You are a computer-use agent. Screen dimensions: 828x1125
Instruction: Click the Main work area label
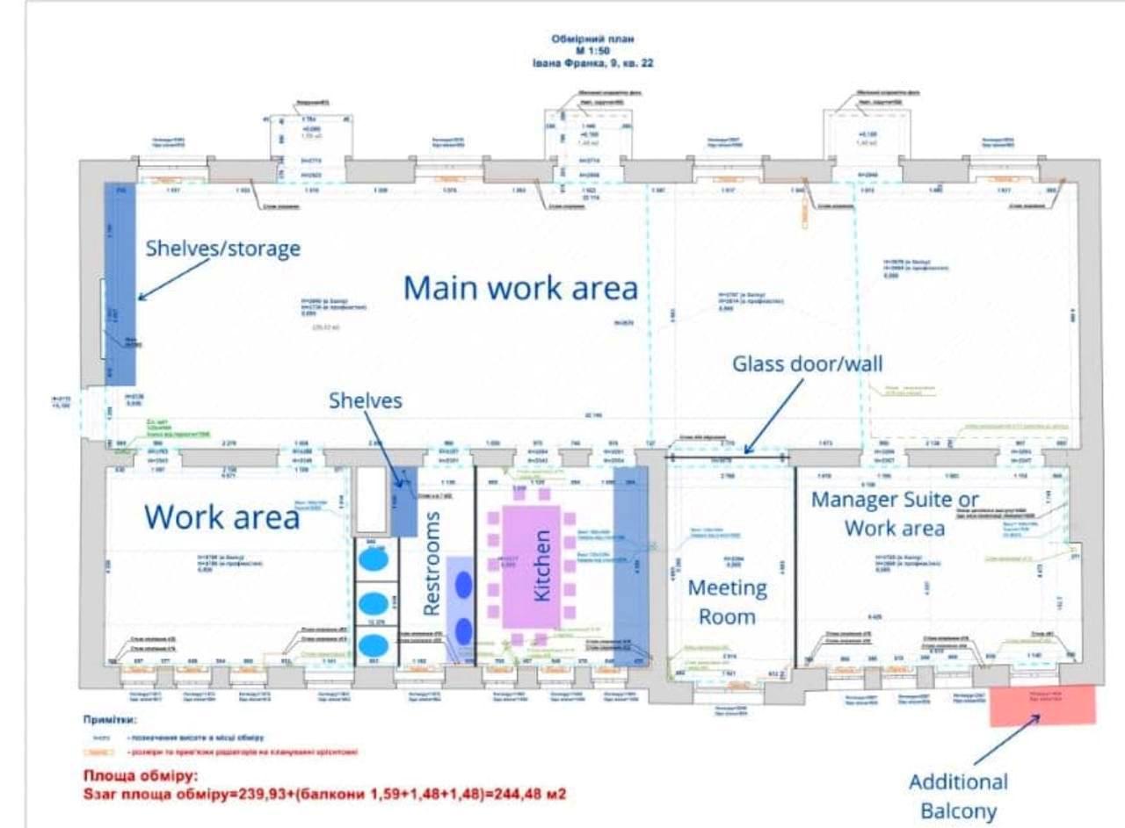[x=520, y=287]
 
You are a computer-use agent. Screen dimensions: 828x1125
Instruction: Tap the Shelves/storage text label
[x=223, y=248]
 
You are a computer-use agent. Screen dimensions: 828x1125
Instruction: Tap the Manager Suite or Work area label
[x=895, y=514]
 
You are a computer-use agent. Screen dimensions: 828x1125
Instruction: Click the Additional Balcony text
[x=958, y=796]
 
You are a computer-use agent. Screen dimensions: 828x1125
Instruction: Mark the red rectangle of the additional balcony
[x=1043, y=706]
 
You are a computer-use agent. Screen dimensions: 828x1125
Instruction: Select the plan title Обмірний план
[x=592, y=40]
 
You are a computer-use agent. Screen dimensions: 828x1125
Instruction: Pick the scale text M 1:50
[x=592, y=51]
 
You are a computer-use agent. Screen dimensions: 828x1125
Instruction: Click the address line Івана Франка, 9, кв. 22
[x=592, y=63]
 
